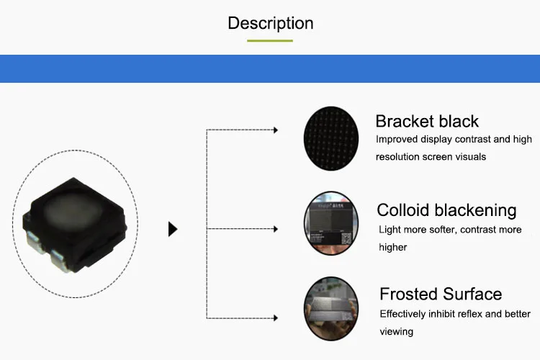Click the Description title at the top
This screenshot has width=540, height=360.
click(x=270, y=24)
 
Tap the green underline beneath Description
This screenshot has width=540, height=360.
click(x=270, y=40)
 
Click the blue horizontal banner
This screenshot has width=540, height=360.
click(x=270, y=68)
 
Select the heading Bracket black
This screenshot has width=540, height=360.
click(x=427, y=121)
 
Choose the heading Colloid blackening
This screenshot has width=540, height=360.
click(x=446, y=210)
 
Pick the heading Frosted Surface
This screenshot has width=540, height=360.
click(x=441, y=294)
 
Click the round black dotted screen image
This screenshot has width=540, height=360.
click(x=331, y=138)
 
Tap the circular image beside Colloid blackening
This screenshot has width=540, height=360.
click(x=331, y=223)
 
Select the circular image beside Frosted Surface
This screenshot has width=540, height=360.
click(x=331, y=309)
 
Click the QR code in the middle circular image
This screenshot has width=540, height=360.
click(x=346, y=238)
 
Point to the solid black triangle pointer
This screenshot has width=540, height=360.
click(x=173, y=229)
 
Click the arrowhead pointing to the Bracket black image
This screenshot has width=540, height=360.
click(x=276, y=130)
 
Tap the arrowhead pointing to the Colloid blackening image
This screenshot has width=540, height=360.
click(x=276, y=229)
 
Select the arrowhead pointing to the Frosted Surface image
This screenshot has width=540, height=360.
click(x=276, y=318)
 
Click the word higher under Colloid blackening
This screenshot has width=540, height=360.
click(x=392, y=248)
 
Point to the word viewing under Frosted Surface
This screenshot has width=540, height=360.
click(x=397, y=332)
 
